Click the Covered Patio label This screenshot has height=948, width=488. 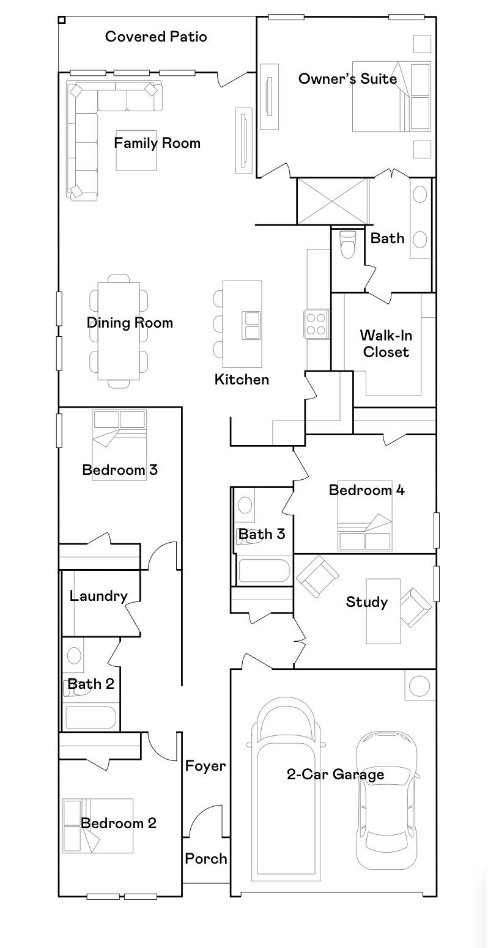coord(156,37)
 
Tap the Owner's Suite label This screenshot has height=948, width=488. coord(347,78)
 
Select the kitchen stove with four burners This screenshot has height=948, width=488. coord(316,323)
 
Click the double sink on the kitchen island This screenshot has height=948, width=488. coord(251,325)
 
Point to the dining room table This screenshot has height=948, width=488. coord(119,331)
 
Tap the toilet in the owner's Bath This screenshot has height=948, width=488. coord(347,246)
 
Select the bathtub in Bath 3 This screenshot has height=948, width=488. coord(264,570)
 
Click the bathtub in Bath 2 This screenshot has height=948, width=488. coord(90,718)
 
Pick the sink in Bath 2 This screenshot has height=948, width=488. coord(73,656)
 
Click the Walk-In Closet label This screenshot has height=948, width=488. coord(384,344)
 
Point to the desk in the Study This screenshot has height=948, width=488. coord(383,611)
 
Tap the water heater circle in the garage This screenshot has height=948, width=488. coord(419,686)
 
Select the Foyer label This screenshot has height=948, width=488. coord(205,766)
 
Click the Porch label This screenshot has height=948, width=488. coord(206,858)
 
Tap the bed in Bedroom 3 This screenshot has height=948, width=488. coord(119,445)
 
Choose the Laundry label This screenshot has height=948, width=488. coord(98,596)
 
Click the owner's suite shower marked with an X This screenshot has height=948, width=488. coord(332,200)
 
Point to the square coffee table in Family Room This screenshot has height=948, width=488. coord(137,150)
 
